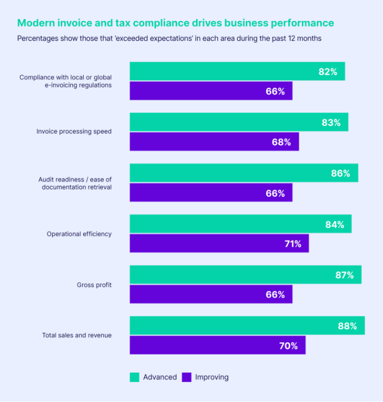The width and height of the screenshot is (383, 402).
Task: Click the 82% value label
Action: [328, 72]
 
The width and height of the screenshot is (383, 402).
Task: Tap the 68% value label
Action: [281, 142]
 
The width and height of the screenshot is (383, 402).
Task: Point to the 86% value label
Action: [340, 174]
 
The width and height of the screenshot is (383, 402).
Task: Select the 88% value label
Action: [347, 326]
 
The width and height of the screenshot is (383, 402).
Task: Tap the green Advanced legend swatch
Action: [134, 377]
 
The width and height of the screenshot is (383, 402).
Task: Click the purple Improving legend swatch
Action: [186, 377]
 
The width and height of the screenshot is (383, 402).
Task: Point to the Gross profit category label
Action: [94, 285]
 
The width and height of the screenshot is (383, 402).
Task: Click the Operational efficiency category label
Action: [79, 234]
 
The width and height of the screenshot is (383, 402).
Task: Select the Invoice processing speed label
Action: [74, 131]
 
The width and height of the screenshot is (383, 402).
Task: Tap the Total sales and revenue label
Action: [77, 335]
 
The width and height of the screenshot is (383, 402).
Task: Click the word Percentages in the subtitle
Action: [38, 39]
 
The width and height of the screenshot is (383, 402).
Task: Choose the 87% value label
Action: [344, 275]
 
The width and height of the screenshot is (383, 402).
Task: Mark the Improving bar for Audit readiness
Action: [211, 193]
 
